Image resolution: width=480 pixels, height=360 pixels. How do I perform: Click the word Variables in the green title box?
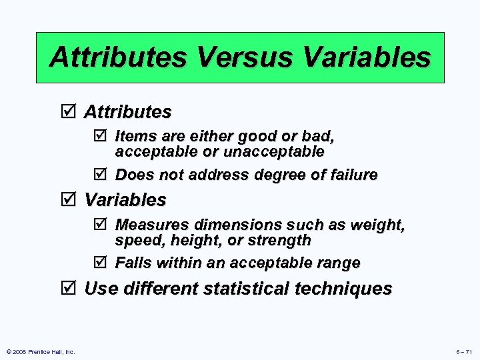point(366,57)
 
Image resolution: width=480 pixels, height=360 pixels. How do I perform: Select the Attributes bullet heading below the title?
point(127,111)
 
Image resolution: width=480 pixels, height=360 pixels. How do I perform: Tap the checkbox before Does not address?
point(100,175)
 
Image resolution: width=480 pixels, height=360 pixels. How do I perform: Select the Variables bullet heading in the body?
point(125,200)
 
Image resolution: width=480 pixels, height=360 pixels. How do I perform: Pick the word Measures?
point(149,225)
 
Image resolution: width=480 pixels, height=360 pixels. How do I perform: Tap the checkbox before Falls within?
point(100,263)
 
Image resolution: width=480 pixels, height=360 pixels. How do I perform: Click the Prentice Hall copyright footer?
point(39,351)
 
